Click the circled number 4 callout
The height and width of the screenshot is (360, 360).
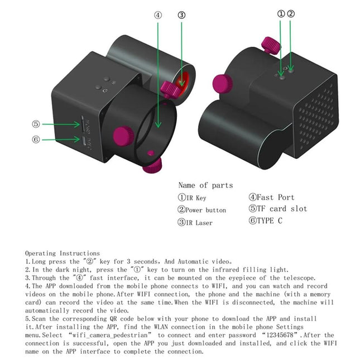pyautogui.click(x=158, y=15)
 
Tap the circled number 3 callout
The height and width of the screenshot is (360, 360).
pyautogui.click(x=181, y=15)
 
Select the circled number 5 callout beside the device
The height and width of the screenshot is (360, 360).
pyautogui.click(x=36, y=124)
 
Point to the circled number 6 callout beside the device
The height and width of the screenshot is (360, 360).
pyautogui.click(x=36, y=140)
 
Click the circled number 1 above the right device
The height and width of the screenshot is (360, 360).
pyautogui.click(x=281, y=13)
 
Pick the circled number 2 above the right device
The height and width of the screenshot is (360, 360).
pyautogui.click(x=291, y=13)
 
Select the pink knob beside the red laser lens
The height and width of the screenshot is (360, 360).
pyautogui.click(x=169, y=88)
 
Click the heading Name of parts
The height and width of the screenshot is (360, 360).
pyautogui.click(x=205, y=185)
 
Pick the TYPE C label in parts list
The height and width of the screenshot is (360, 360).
pyautogui.click(x=268, y=221)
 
